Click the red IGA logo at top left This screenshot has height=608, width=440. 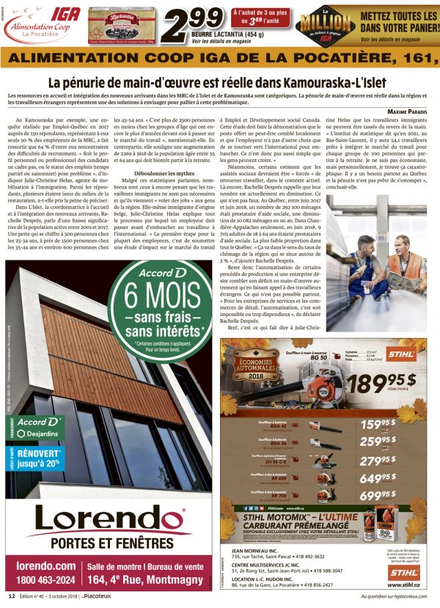42,12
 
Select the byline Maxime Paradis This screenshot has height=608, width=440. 407,111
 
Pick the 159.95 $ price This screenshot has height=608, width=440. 379,424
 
